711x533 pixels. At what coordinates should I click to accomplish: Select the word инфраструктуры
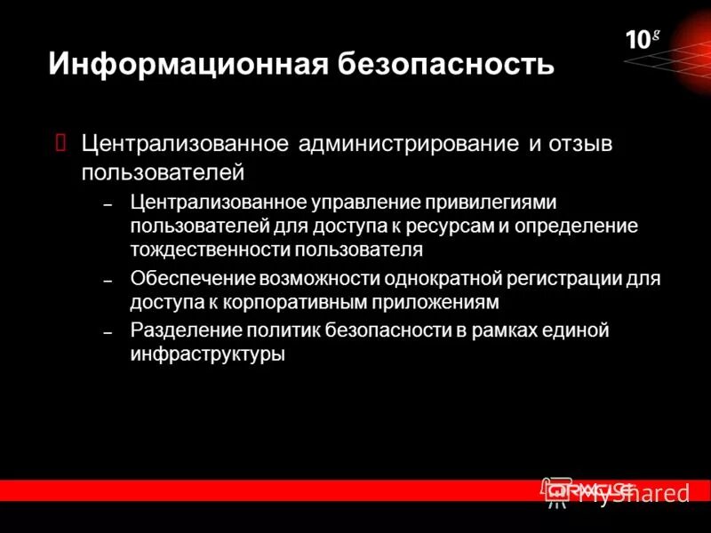(207, 354)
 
